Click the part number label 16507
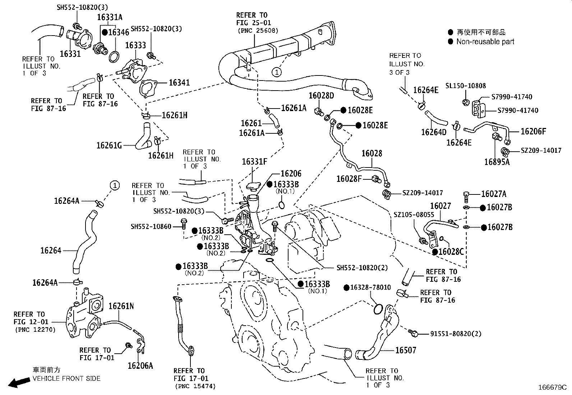click(406, 350)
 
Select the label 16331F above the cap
click(254, 162)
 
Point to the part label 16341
click(179, 82)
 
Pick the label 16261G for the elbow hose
click(109, 145)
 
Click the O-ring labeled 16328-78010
click(377, 308)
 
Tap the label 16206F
click(533, 132)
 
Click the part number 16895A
click(497, 162)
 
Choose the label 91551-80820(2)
click(455, 334)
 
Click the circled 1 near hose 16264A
click(114, 185)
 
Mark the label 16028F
click(349, 179)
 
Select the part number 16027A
click(493, 194)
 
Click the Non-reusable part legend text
click(485, 42)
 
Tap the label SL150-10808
click(465, 86)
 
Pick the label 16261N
click(121, 306)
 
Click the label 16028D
click(321, 96)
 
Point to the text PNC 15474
click(196, 386)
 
